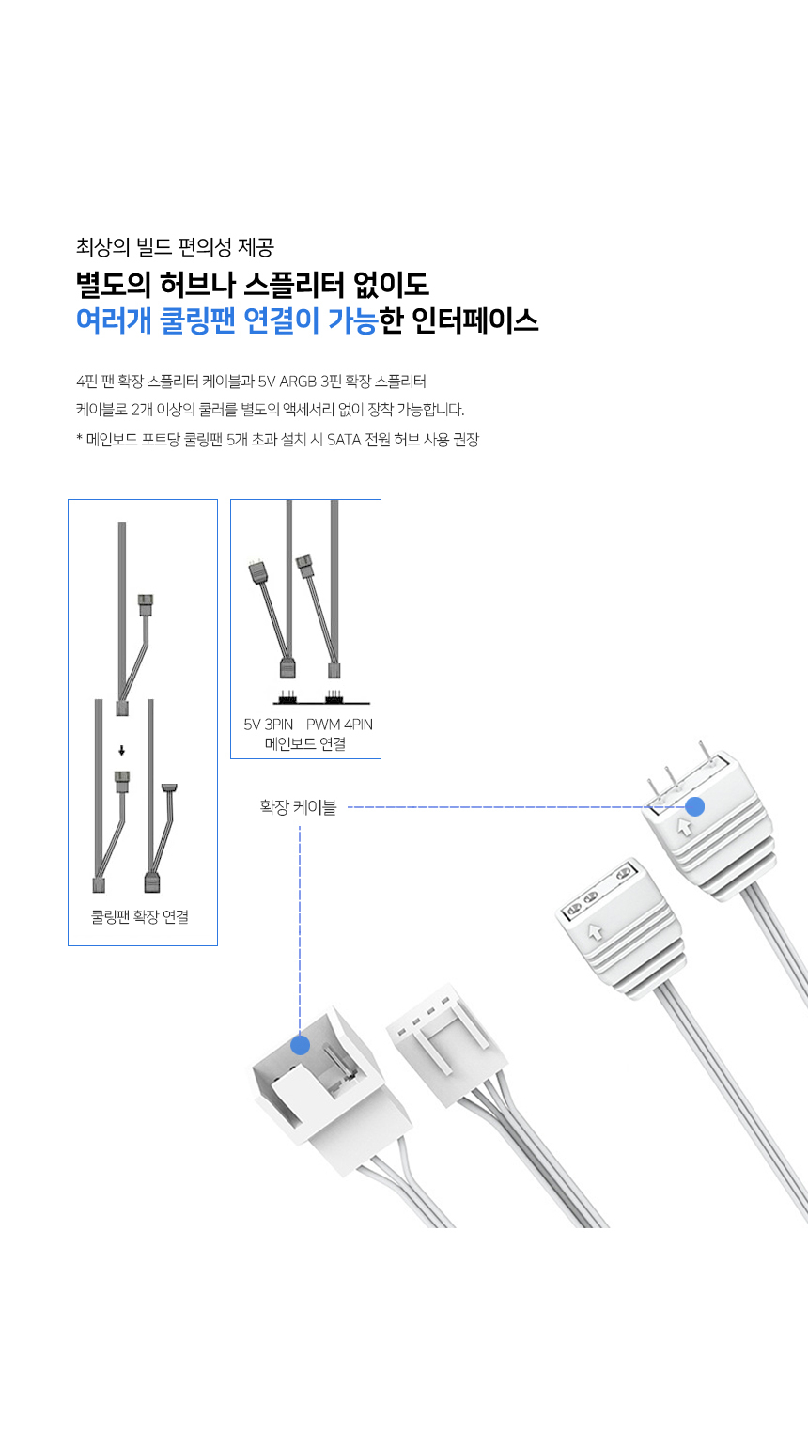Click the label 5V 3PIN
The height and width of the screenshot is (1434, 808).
268,724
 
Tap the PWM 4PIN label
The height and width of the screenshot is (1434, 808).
339,724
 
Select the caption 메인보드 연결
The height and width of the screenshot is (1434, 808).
304,744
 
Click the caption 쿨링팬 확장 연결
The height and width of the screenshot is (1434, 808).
140,917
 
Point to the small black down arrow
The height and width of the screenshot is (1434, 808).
121,750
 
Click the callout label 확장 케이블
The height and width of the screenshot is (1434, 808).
298,806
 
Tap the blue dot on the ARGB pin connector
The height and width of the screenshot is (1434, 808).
694,806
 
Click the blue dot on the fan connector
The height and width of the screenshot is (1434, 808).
300,1045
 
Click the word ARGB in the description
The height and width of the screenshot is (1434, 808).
298,382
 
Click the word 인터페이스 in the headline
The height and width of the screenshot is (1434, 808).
474,320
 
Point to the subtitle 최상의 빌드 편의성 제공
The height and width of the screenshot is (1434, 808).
175,246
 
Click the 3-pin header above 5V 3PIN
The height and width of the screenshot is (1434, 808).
287,697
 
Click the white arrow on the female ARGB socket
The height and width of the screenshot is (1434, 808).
596,931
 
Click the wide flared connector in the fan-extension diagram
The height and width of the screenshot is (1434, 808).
169,788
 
